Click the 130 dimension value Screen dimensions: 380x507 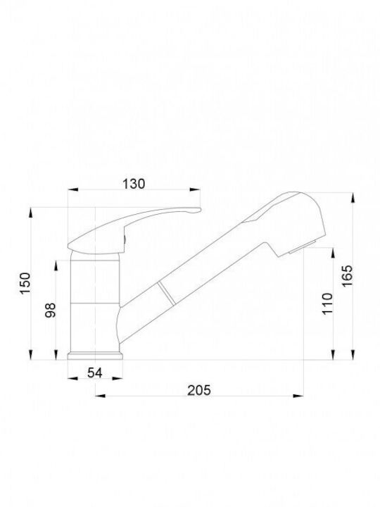click(134, 184)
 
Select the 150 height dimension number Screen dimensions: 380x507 click(25, 283)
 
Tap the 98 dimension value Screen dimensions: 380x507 click(51, 310)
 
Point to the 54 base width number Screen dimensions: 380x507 click(95, 373)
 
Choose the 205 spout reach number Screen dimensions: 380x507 click(199, 390)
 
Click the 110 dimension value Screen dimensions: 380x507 click(327, 303)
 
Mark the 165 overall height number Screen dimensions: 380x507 click(348, 275)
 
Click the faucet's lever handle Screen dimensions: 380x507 click(134, 230)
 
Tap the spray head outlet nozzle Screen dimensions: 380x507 click(303, 247)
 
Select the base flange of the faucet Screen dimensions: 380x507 click(95, 356)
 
